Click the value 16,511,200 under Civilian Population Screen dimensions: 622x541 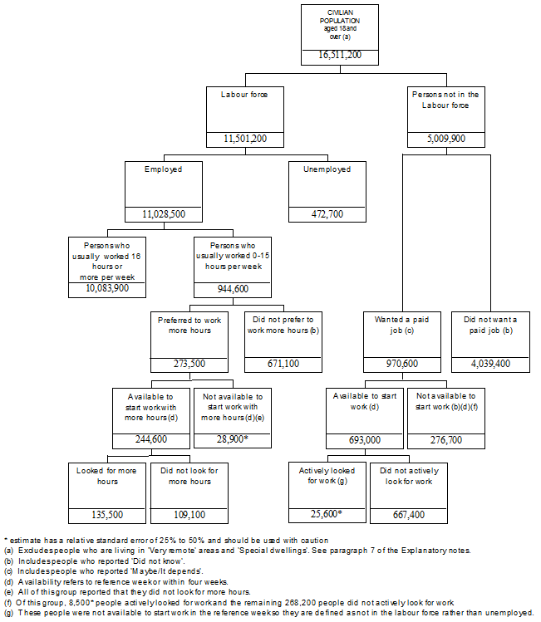pos(340,56)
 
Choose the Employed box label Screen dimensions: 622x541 pos(163,169)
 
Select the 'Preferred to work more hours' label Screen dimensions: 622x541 pos(189,324)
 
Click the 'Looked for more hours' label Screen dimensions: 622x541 pos(107,476)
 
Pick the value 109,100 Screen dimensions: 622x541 pos(190,515)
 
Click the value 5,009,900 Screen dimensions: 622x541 pos(445,139)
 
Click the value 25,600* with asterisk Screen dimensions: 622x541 pos(326,515)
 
